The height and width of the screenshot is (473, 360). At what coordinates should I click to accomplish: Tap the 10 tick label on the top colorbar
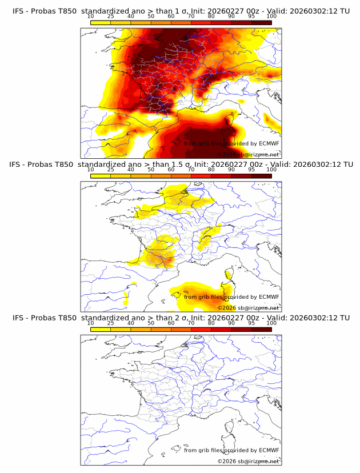[x=90, y=17]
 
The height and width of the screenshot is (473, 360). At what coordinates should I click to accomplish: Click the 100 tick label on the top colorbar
[x=271, y=17]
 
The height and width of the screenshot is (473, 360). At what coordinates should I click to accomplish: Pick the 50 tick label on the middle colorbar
[x=151, y=170]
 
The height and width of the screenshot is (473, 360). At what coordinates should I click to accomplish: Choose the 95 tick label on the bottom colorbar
[x=251, y=323]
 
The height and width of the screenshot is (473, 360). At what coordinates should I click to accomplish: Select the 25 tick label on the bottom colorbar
[x=110, y=323]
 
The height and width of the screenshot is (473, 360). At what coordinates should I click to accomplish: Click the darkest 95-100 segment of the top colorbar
[x=261, y=23]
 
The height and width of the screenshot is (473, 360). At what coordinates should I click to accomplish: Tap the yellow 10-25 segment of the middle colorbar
[x=101, y=176]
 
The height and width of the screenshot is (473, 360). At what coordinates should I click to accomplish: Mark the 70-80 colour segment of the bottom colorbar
[x=201, y=329]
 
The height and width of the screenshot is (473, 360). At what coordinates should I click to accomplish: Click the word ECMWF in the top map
[x=269, y=143]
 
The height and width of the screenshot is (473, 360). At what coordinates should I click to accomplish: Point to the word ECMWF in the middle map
[x=269, y=296]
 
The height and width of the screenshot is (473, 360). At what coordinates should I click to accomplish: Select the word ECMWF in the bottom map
[x=269, y=450]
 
